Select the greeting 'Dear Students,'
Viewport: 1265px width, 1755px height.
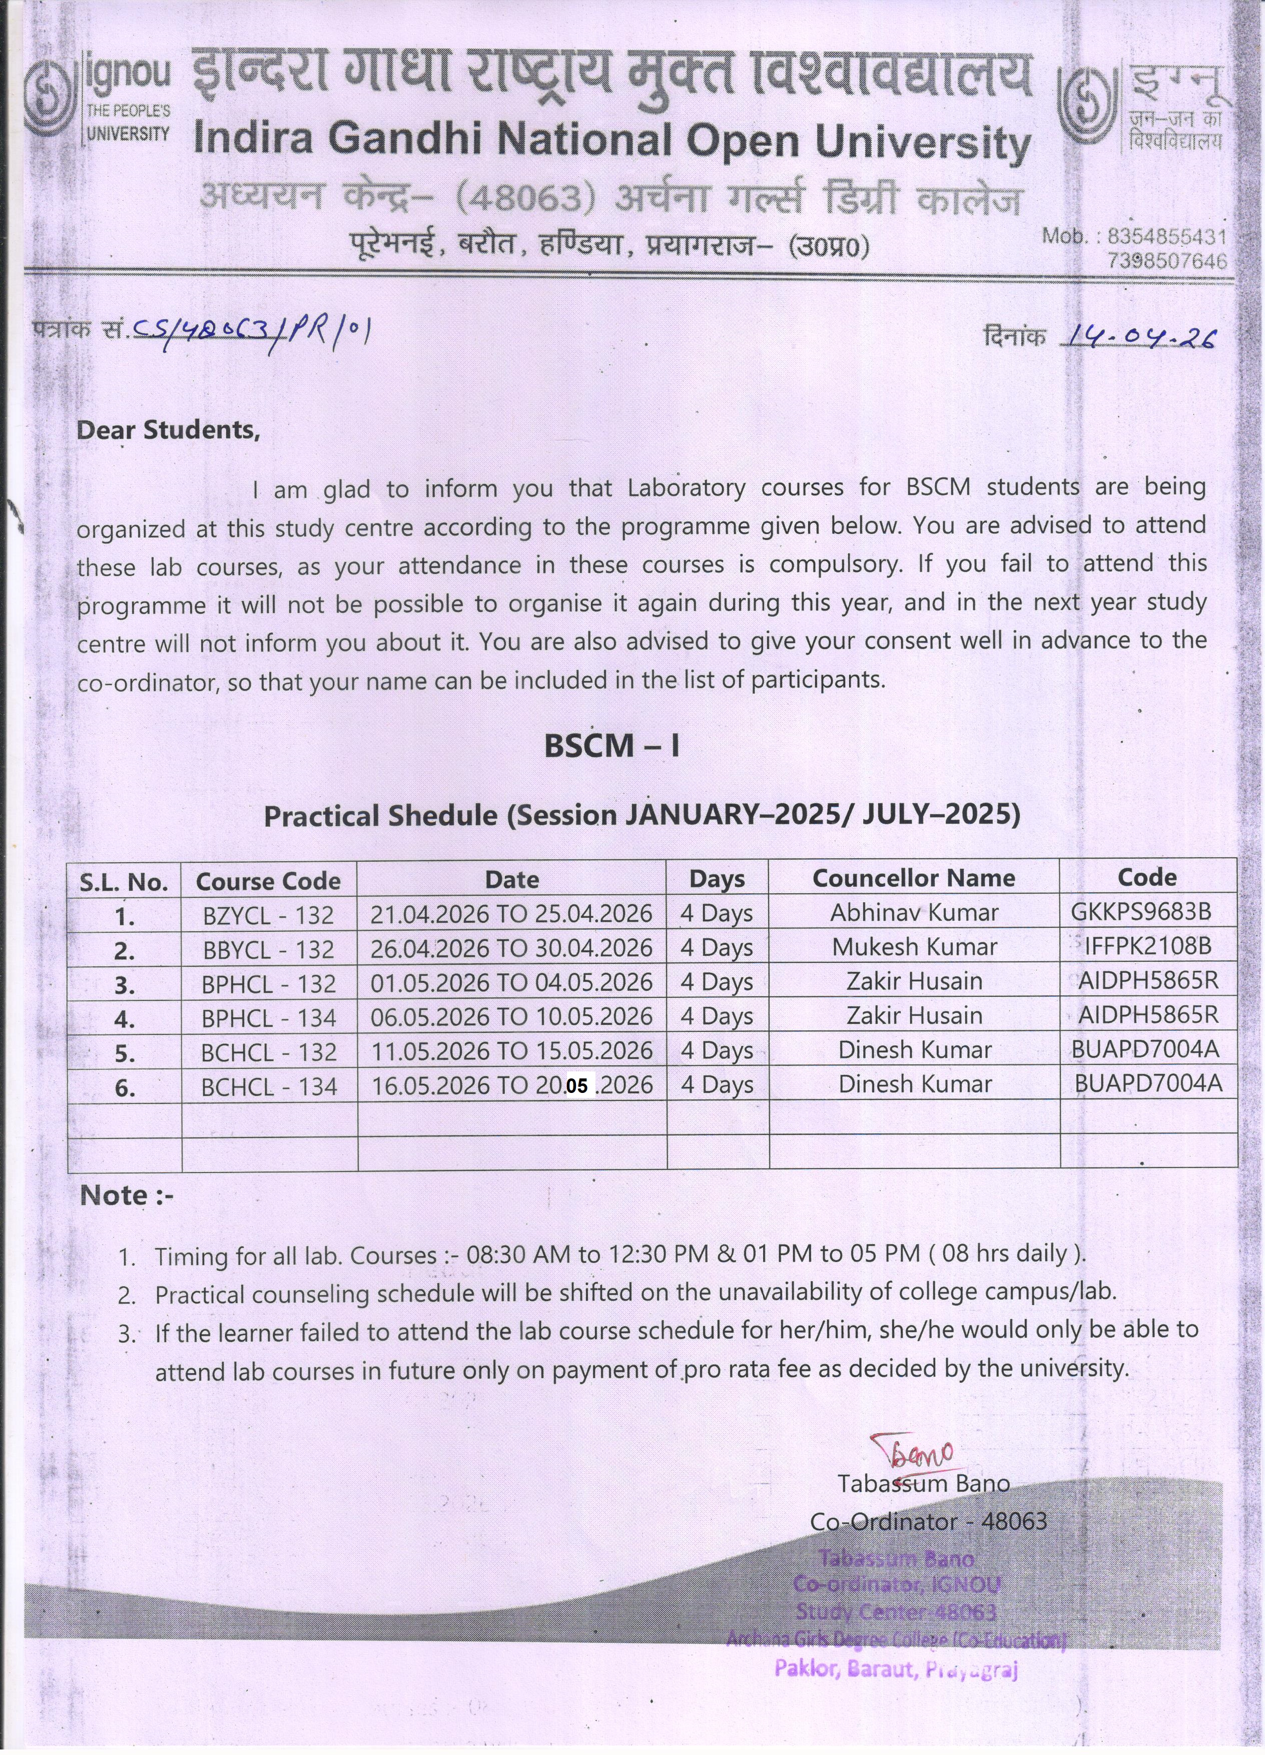(168, 430)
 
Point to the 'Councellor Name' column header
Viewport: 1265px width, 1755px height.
(913, 878)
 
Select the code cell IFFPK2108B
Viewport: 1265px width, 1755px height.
(1147, 946)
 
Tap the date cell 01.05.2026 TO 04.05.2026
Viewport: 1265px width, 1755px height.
(511, 983)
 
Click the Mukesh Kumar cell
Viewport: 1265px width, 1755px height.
(914, 947)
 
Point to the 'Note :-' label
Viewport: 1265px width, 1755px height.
(126, 1196)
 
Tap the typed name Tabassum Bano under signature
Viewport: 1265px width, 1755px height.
(923, 1483)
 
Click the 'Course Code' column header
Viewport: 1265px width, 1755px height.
(268, 881)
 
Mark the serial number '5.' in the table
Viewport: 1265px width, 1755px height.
(125, 1054)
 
